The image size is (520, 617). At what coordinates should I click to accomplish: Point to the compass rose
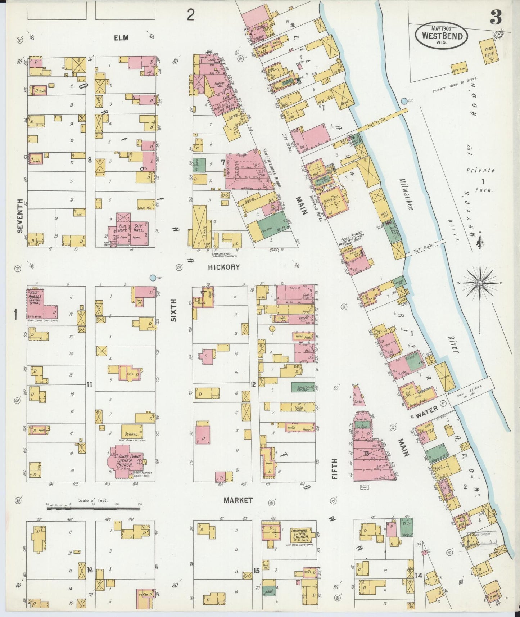(x=480, y=283)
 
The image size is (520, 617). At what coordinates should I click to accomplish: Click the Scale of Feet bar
(x=93, y=508)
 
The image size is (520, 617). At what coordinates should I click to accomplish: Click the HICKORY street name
(x=228, y=267)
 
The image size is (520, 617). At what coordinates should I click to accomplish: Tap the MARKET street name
(x=238, y=500)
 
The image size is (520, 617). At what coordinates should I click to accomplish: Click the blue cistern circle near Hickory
(x=153, y=278)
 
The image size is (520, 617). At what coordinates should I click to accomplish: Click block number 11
(x=89, y=385)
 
